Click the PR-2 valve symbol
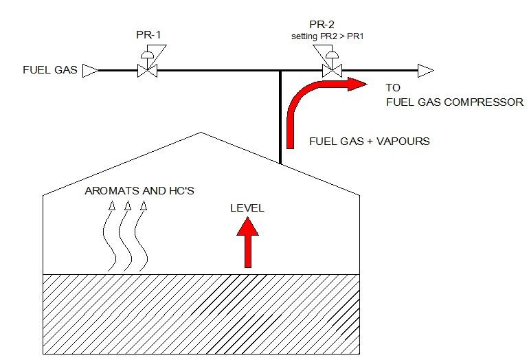coord(332,69)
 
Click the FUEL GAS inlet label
coord(49,69)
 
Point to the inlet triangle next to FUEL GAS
coord(89,69)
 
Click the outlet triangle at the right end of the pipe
coord(425,69)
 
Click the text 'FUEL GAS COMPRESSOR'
coord(454,102)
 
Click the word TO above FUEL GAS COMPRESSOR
coord(393,88)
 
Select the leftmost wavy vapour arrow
coord(111,237)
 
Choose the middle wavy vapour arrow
coord(126,237)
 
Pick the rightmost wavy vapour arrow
coord(142,237)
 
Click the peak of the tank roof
coord(201,132)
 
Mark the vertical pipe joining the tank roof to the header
coord(280,117)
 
